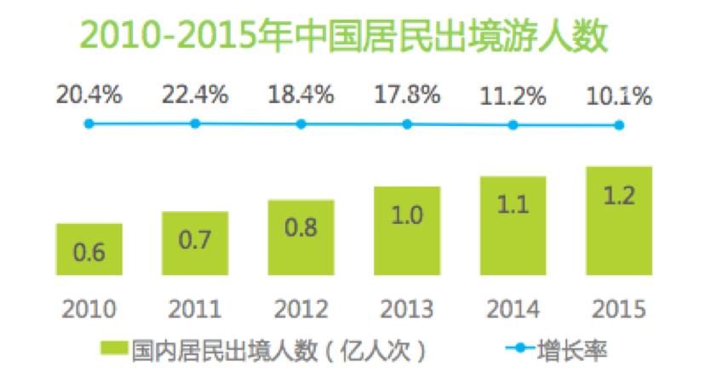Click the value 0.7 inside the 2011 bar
click(x=195, y=241)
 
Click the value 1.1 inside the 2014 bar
click(x=513, y=205)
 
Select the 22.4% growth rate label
click(x=195, y=95)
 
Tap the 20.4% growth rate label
click(x=89, y=95)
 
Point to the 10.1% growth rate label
click(x=619, y=96)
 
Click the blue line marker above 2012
click(x=301, y=123)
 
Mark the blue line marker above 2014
click(x=513, y=124)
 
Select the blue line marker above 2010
click(x=89, y=123)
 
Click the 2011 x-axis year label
click(x=195, y=308)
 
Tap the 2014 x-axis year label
click(x=513, y=308)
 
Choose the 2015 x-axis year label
click(x=619, y=308)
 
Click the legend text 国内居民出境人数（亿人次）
click(x=277, y=348)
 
